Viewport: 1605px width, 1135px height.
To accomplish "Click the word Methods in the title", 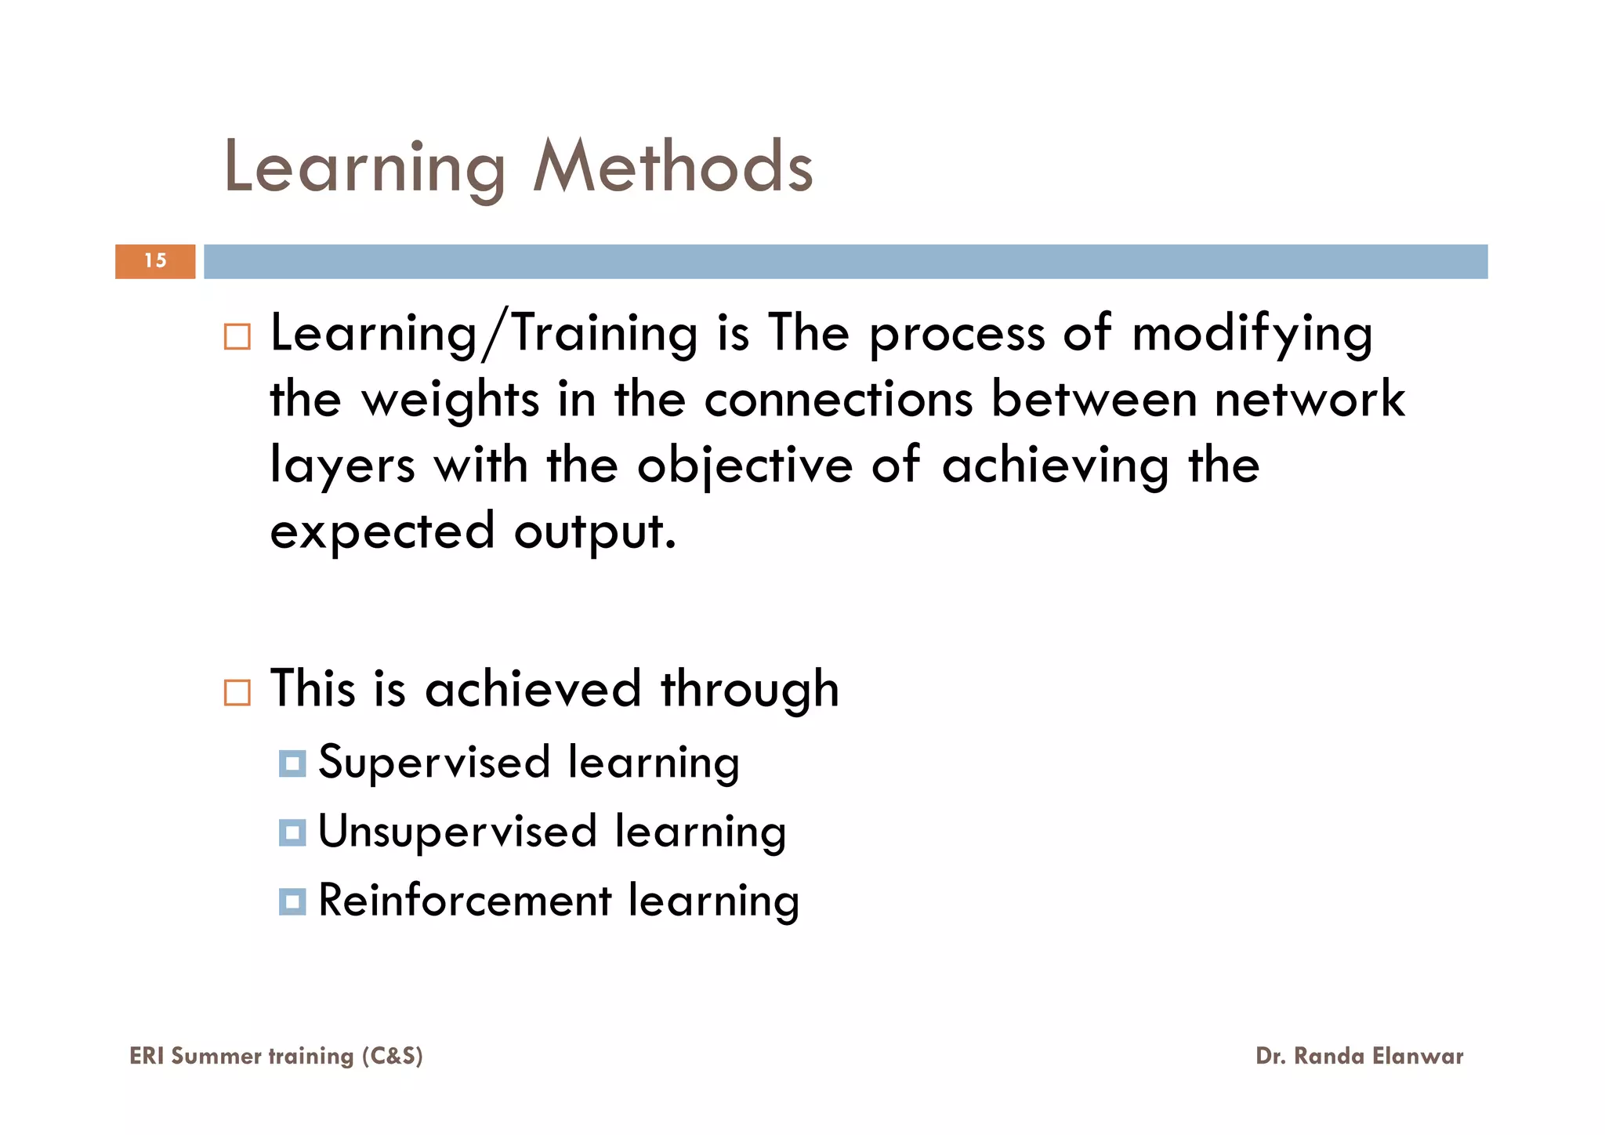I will click(673, 166).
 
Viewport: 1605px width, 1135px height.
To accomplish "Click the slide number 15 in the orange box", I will click(155, 261).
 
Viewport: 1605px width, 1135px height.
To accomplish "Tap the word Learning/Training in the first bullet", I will click(484, 334).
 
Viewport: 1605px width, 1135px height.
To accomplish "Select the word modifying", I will click(1252, 334).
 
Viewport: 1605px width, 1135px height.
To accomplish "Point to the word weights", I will click(450, 400).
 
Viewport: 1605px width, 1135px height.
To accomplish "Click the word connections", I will click(838, 399).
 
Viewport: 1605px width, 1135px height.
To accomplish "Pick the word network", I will click(1310, 399).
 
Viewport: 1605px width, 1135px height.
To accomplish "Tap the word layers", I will click(342, 466).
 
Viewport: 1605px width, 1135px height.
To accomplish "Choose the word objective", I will click(745, 466).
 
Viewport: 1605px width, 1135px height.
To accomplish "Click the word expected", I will click(382, 532).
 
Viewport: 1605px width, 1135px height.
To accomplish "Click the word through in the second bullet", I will click(749, 690).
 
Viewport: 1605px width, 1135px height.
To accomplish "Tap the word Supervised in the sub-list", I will click(434, 762).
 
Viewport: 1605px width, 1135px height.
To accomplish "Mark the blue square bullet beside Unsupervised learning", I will click(292, 832).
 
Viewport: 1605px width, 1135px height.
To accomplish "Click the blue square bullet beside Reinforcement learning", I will click(292, 901).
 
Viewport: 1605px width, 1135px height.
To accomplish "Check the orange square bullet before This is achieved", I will click(237, 692).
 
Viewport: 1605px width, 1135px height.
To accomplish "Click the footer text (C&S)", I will click(392, 1056).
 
